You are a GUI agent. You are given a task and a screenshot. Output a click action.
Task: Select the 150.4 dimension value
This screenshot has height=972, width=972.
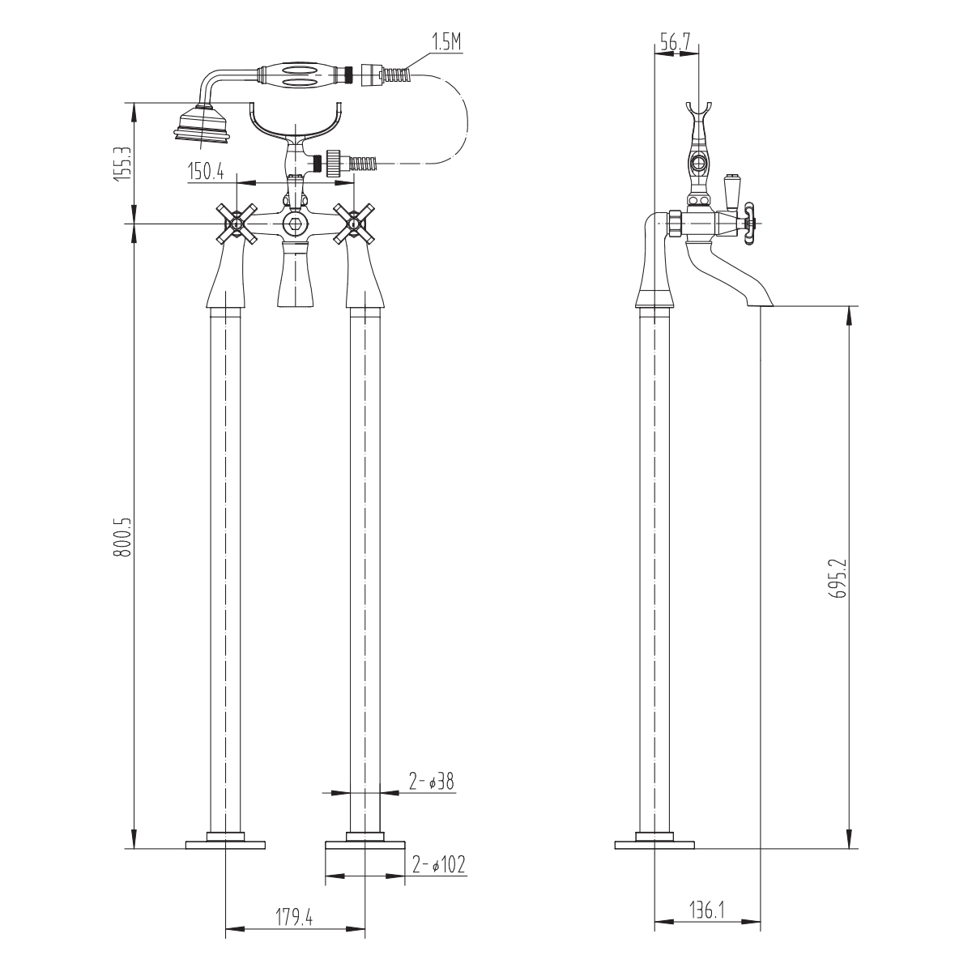[206, 172]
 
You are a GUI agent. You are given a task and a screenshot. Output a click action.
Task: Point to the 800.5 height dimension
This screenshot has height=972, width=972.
[122, 537]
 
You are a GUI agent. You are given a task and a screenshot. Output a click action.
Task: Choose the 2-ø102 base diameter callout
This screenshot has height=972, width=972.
[438, 865]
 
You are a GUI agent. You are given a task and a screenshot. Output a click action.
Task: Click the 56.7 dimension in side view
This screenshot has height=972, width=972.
[676, 43]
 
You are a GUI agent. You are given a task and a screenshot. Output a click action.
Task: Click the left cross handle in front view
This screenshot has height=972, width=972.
[237, 223]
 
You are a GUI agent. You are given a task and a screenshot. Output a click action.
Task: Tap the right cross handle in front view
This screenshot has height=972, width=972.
[354, 223]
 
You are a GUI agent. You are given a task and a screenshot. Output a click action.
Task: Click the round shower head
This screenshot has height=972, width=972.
[202, 123]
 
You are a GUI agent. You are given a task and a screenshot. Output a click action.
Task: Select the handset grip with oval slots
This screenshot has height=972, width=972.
[297, 75]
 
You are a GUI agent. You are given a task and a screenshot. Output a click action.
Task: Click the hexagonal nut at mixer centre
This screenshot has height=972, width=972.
[293, 223]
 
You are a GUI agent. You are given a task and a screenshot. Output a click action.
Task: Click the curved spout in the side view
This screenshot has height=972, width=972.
[731, 273]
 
